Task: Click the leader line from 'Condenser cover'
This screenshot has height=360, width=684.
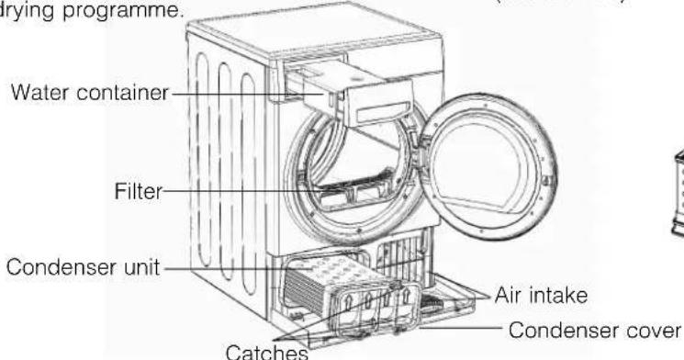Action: pyautogui.click(x=477, y=329)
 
